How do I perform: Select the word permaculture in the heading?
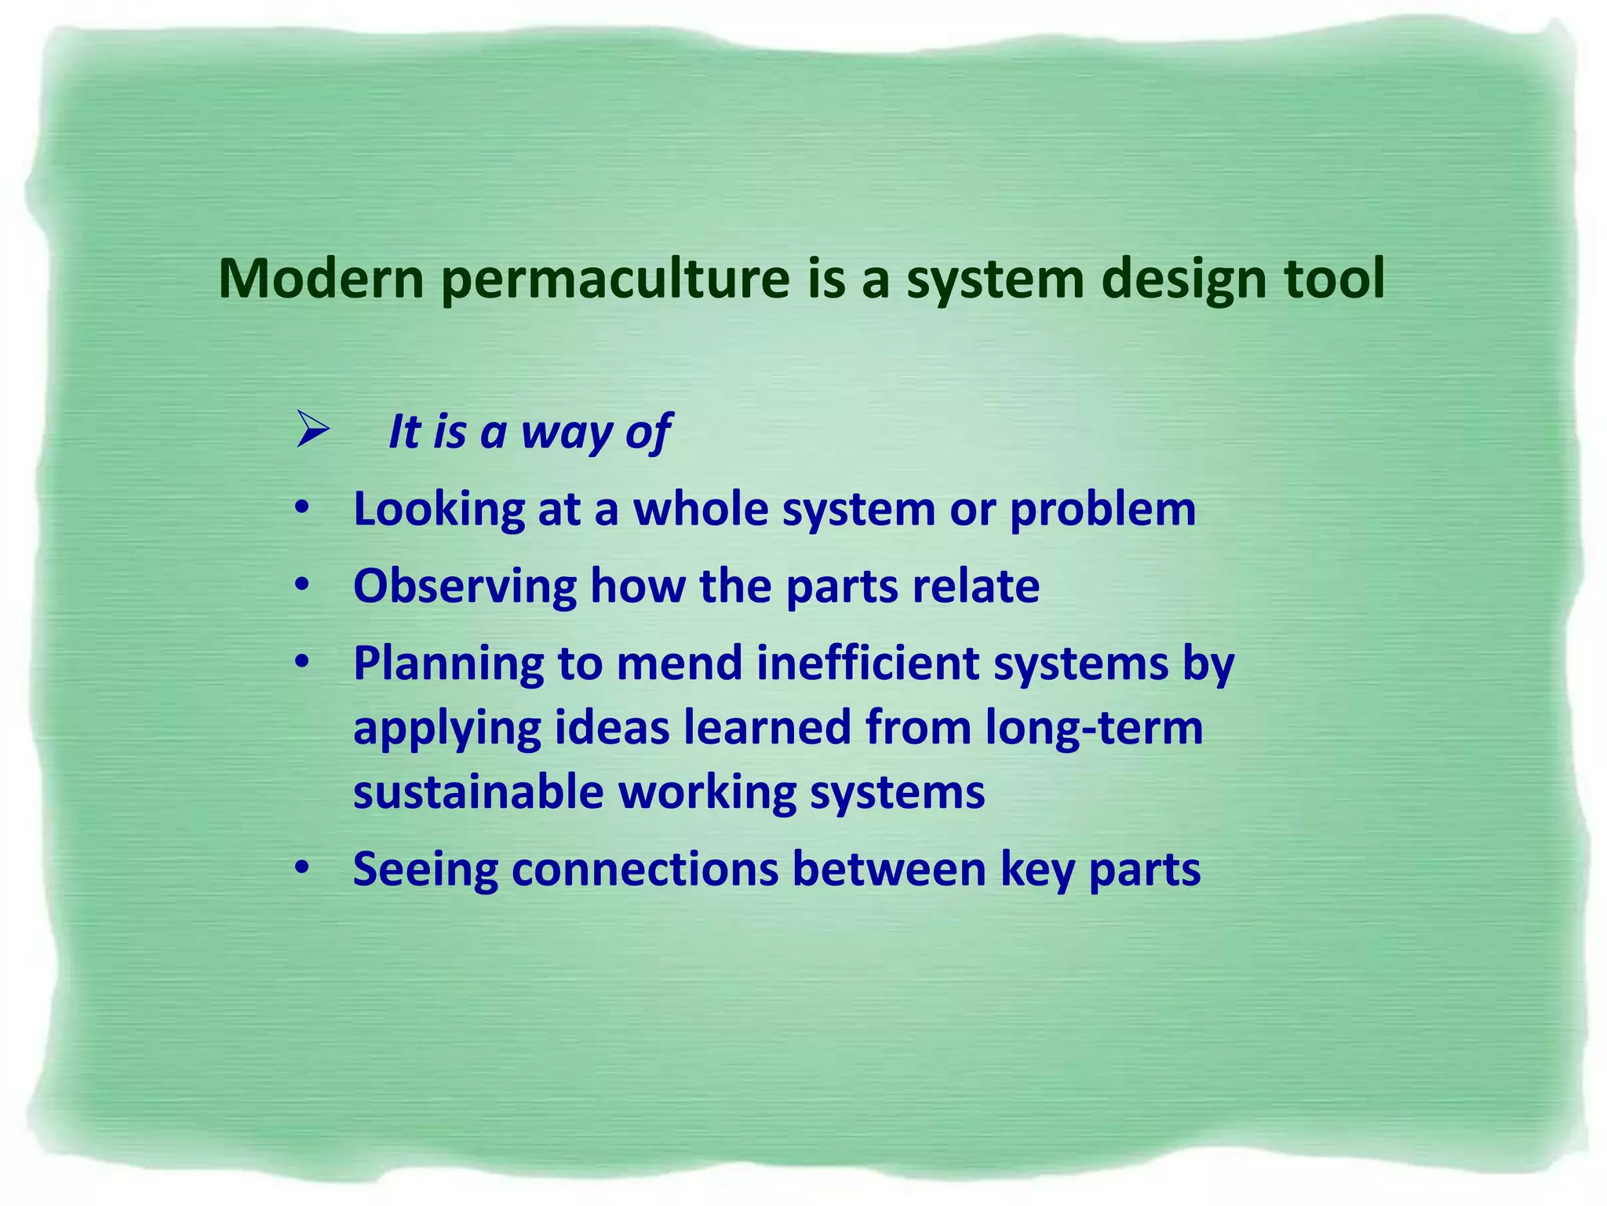pyautogui.click(x=614, y=280)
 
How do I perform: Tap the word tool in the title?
pyautogui.click(x=1333, y=279)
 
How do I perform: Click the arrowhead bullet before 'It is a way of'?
pyautogui.click(x=312, y=431)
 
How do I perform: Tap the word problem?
pyautogui.click(x=1102, y=510)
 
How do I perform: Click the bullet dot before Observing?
pyautogui.click(x=302, y=585)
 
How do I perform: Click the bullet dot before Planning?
pyautogui.click(x=302, y=662)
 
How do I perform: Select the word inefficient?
pyautogui.click(x=868, y=663)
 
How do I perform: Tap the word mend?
pyautogui.click(x=679, y=663)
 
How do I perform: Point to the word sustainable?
pyautogui.click(x=478, y=791)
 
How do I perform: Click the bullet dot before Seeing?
pyautogui.click(x=302, y=868)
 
